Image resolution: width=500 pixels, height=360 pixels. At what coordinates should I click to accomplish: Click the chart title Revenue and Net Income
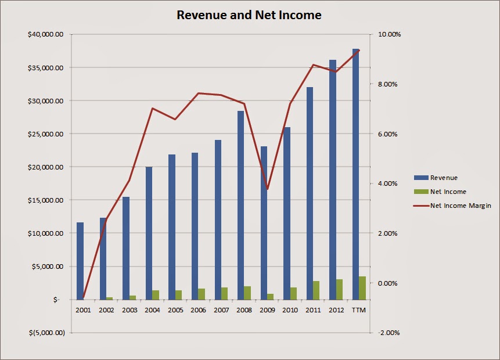click(x=249, y=15)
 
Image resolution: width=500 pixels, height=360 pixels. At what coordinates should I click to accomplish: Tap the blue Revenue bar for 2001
click(x=80, y=261)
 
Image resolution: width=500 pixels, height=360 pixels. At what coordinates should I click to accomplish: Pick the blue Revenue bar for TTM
click(x=355, y=174)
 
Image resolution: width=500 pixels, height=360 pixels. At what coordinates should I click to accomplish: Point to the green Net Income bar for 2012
click(x=339, y=289)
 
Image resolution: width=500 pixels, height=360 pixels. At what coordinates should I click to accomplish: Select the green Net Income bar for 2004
click(x=156, y=295)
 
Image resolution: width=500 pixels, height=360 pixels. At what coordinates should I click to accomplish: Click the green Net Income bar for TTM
click(x=362, y=288)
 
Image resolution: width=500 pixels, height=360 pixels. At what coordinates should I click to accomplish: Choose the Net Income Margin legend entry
click(x=460, y=206)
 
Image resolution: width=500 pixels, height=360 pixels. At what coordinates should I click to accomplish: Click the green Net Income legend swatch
click(x=420, y=192)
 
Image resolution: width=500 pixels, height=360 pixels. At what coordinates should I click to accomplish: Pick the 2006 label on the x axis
click(x=198, y=310)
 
